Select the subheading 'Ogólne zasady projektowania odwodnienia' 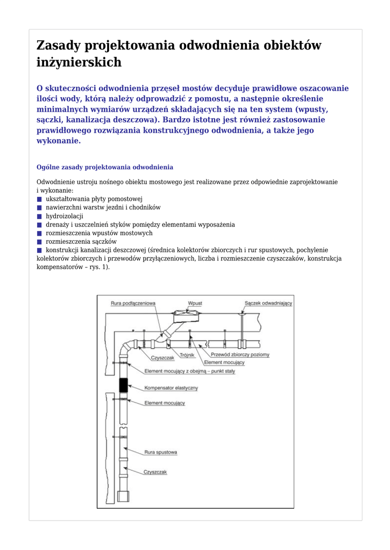click(x=104, y=168)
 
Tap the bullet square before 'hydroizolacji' click(x=39, y=216)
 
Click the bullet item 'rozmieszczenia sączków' click(x=81, y=242)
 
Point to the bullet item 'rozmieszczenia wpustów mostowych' click(x=99, y=233)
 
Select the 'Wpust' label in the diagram click(x=195, y=303)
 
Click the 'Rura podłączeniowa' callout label click(x=133, y=303)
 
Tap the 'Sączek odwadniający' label click(x=268, y=303)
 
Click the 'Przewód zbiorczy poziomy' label click(x=240, y=355)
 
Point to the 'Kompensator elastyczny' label click(x=171, y=388)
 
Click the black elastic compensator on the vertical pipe click(x=123, y=385)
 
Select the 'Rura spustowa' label click(x=160, y=453)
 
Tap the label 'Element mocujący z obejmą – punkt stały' click(x=189, y=372)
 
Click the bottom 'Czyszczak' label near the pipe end click(x=155, y=472)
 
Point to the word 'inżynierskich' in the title click(x=79, y=62)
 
